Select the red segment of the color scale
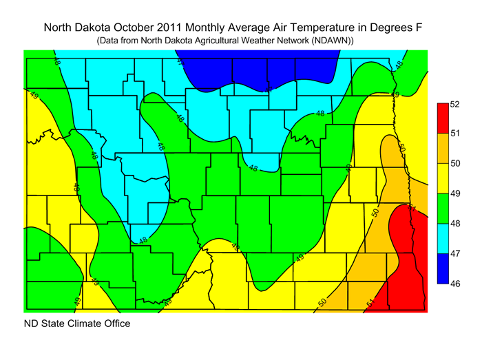pos(443,118)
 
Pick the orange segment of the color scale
pos(443,148)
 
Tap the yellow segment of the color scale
pos(443,178)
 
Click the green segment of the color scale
pos(443,209)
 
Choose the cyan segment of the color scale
pos(443,238)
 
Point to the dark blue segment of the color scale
pos(443,268)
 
